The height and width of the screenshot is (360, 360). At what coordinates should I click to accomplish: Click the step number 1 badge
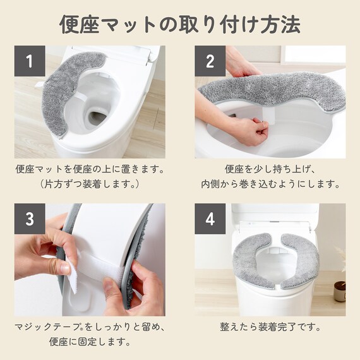point(30,61)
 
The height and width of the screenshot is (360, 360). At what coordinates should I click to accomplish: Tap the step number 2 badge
point(210,61)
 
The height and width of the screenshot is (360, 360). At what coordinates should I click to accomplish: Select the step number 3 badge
point(30,219)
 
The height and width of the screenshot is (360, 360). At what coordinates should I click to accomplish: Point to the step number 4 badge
point(210,219)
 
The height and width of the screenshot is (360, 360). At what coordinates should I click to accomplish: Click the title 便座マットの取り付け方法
point(180,25)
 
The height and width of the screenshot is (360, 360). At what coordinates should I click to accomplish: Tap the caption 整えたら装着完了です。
point(270,327)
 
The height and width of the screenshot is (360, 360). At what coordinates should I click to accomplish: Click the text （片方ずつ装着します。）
point(90,184)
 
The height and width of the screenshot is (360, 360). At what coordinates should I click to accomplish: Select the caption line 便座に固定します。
point(90,342)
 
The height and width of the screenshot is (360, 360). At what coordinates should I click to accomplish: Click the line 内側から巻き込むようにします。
point(270,184)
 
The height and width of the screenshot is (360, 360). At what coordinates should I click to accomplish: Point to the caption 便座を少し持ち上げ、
point(270,169)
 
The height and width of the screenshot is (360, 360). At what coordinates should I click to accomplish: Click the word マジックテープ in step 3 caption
point(47,327)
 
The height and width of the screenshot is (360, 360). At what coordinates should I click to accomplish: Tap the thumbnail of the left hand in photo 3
point(65,268)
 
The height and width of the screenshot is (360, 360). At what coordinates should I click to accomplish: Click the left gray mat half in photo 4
point(253,261)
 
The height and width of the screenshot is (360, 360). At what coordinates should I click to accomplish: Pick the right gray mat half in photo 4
point(299,261)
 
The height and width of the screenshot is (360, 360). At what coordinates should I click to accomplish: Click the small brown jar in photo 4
point(340,291)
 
